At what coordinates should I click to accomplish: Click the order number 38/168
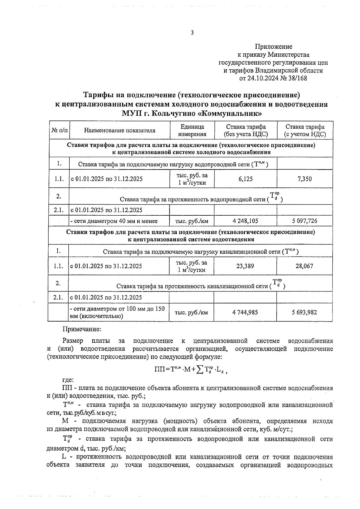pyautogui.click(x=296, y=78)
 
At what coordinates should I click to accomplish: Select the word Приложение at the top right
pyautogui.click(x=273, y=46)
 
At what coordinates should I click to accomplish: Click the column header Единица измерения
pyautogui.click(x=192, y=130)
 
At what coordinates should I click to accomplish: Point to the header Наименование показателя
pyautogui.click(x=120, y=130)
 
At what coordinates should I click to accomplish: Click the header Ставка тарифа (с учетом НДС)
pyautogui.click(x=305, y=130)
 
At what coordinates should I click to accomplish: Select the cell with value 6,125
pyautogui.click(x=245, y=179)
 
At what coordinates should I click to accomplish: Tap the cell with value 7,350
pyautogui.click(x=304, y=179)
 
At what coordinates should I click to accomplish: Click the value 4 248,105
pyautogui.click(x=245, y=221)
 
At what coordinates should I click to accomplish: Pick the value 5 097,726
pyautogui.click(x=304, y=221)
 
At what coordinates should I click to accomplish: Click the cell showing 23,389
pyautogui.click(x=245, y=266)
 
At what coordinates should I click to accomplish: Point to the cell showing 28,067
pyautogui.click(x=304, y=266)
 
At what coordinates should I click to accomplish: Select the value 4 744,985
pyautogui.click(x=245, y=312)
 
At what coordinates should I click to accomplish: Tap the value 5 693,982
pyautogui.click(x=304, y=312)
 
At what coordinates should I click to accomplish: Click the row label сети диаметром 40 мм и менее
pyautogui.click(x=114, y=221)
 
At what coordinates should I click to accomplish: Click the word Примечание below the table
pyautogui.click(x=82, y=329)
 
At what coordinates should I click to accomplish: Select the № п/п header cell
pyautogui.click(x=60, y=130)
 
